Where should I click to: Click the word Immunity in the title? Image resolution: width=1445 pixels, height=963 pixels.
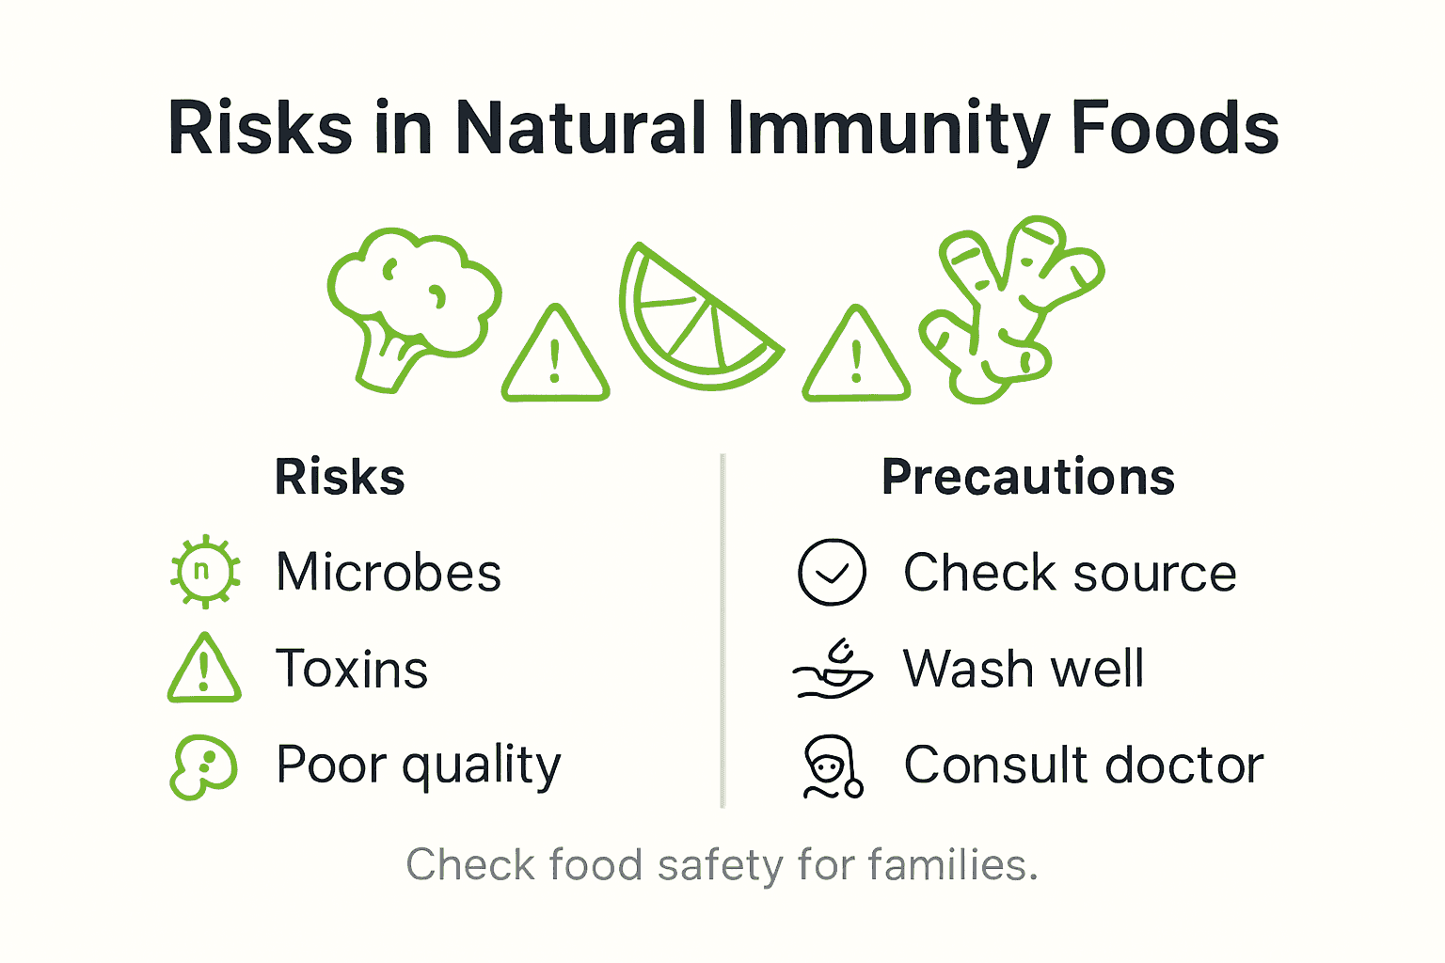click(x=888, y=129)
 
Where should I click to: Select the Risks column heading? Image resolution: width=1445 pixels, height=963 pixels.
click(x=340, y=477)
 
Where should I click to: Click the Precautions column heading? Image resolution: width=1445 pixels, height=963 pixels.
click(x=1027, y=477)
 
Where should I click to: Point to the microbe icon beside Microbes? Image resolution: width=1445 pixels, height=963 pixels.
click(x=204, y=572)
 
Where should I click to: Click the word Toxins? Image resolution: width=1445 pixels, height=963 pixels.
click(x=352, y=669)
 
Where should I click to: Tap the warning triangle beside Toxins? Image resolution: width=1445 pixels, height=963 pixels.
click(x=204, y=670)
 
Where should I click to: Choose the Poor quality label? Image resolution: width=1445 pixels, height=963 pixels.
click(x=418, y=766)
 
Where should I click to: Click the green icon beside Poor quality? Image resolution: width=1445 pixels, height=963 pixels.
click(x=203, y=766)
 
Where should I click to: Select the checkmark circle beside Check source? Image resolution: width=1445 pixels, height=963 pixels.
click(x=832, y=572)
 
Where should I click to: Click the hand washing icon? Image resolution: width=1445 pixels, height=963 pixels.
click(x=833, y=670)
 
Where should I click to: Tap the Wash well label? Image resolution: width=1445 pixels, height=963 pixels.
click(x=1024, y=669)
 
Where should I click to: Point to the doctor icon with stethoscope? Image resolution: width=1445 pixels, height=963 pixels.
click(x=832, y=766)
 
